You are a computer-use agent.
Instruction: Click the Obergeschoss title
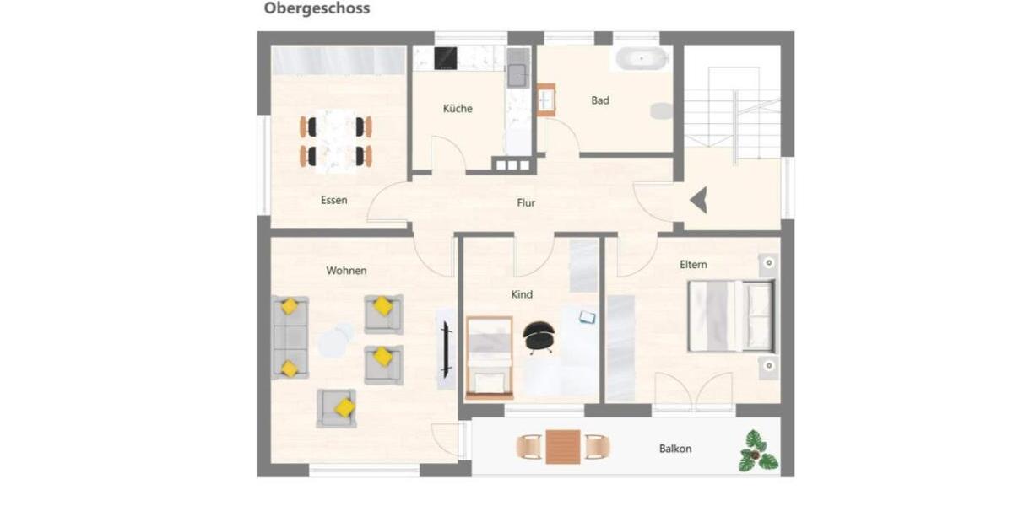tap(317, 9)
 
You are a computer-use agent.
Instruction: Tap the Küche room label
tap(458, 109)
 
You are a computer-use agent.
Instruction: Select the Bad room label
tap(600, 100)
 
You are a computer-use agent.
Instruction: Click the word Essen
tap(333, 201)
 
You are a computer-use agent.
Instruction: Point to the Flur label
tap(526, 203)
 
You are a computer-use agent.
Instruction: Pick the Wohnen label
tap(346, 271)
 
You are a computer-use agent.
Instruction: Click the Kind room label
tap(522, 295)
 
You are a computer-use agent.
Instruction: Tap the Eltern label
tap(693, 265)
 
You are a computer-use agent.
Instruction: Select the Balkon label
tap(675, 449)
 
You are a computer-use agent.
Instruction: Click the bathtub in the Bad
tap(641, 59)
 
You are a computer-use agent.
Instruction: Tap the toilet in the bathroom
tap(662, 111)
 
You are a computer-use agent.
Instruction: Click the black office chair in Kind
tap(538, 336)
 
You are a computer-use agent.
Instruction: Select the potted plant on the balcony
tap(757, 450)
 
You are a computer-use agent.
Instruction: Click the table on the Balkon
tap(563, 447)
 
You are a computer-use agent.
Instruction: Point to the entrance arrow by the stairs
tap(699, 202)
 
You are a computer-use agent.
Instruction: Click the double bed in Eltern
tap(731, 315)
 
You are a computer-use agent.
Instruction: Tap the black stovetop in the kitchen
tap(446, 58)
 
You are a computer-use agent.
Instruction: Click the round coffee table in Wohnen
tap(335, 340)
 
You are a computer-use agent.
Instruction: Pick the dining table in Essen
tap(336, 141)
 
